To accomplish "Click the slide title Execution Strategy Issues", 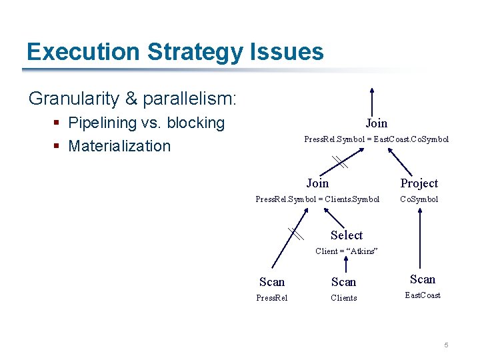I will [x=175, y=52].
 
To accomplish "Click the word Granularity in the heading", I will [x=74, y=99].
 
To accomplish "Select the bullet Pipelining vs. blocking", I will [x=147, y=123].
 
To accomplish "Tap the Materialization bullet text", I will [x=119, y=146].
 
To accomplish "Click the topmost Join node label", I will [x=376, y=123].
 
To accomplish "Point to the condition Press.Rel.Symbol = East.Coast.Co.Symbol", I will [x=376, y=139].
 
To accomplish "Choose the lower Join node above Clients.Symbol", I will [x=317, y=183].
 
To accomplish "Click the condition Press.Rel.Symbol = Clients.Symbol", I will [x=317, y=199].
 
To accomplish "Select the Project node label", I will [x=419, y=183].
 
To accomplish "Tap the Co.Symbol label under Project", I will [x=419, y=199].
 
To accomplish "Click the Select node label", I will [x=347, y=235].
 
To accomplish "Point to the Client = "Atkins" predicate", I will [x=347, y=251].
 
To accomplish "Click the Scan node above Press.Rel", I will [x=272, y=282].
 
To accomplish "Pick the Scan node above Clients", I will [x=344, y=282].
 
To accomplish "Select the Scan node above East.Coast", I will [x=423, y=279].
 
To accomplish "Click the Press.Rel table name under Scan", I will [x=272, y=298].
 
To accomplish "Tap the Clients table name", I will [x=344, y=298].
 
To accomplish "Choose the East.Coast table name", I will [x=423, y=295].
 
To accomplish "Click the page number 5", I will [x=446, y=345].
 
